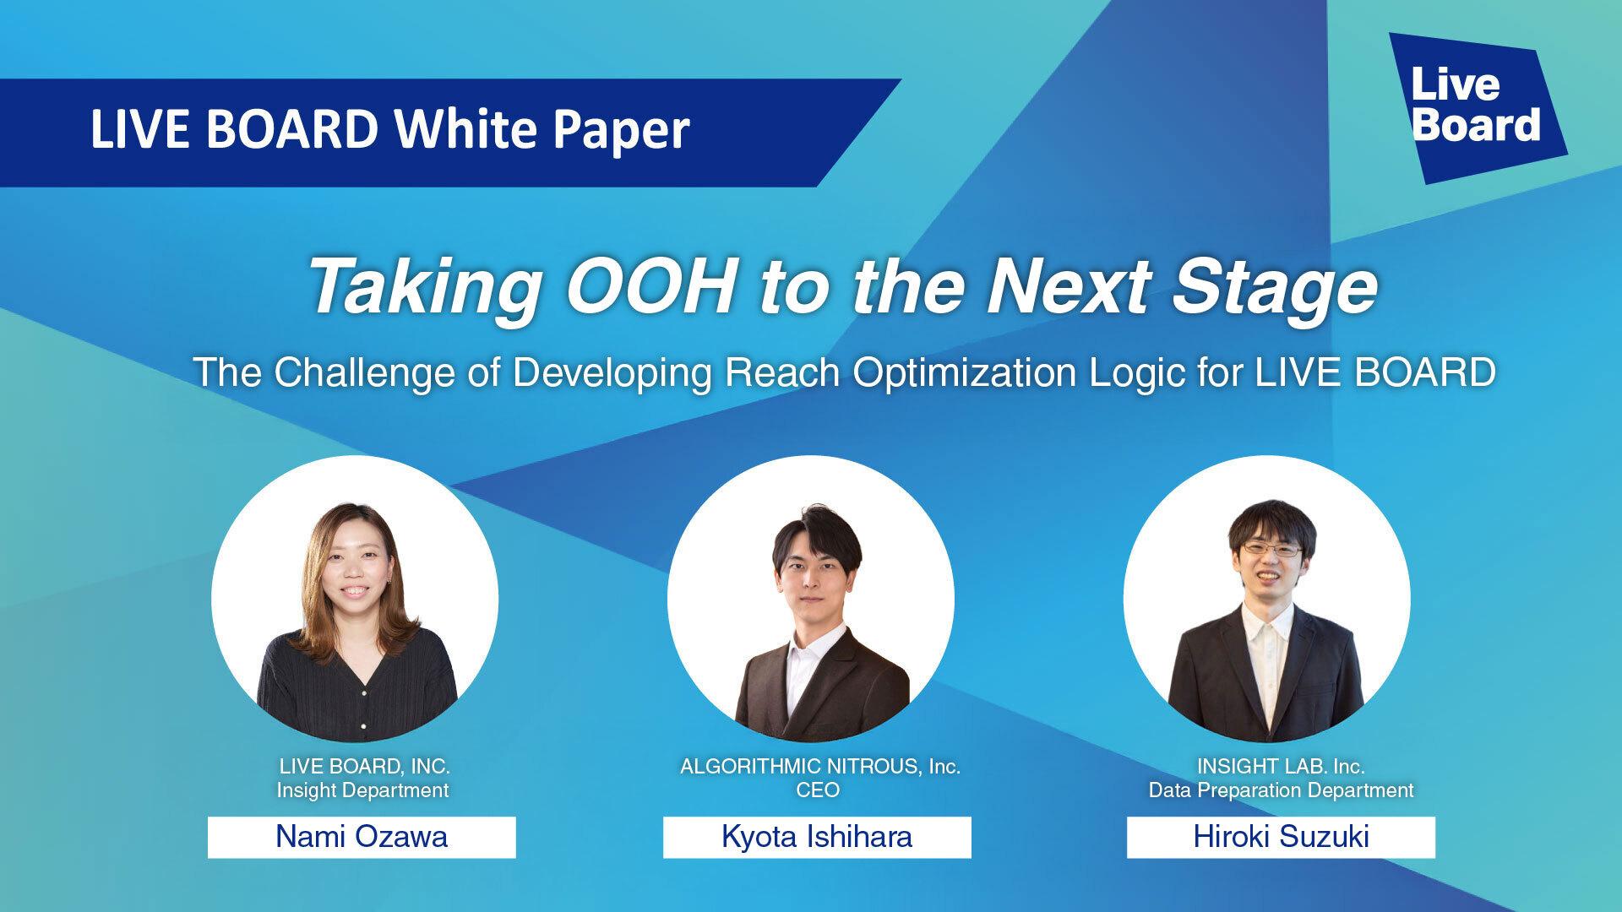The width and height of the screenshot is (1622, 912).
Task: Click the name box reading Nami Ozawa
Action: coord(362,837)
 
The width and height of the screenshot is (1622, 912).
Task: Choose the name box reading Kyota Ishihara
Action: coord(817,837)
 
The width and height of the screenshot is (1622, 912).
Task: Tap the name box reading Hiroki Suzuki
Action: coord(1281,837)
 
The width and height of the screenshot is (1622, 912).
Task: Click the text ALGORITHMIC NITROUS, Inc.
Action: coord(820,767)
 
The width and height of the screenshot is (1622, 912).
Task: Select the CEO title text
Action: coord(818,790)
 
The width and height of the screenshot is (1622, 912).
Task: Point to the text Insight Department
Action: coord(362,790)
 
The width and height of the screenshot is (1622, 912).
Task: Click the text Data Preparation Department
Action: coord(1281,790)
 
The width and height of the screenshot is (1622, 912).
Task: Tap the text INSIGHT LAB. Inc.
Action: coord(1281,767)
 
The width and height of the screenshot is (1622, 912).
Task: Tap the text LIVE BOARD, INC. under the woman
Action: coord(364,767)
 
